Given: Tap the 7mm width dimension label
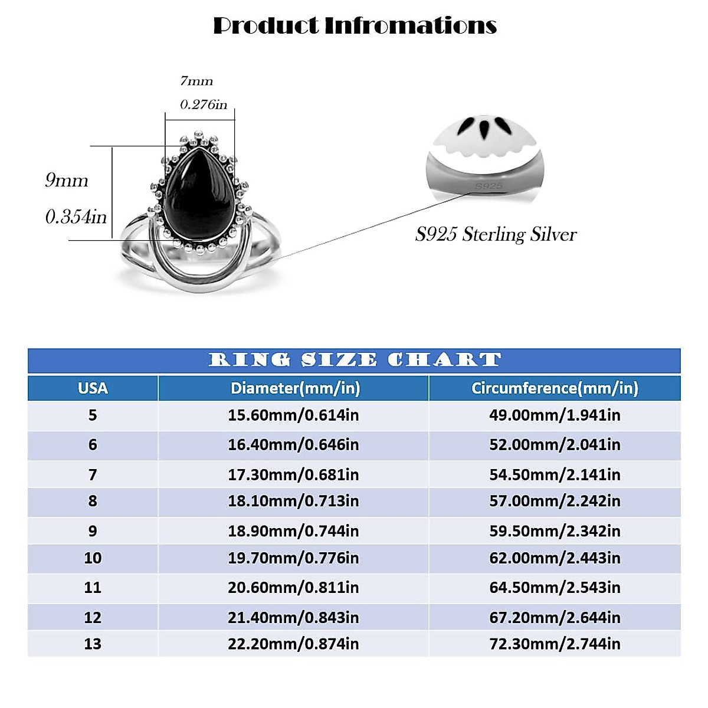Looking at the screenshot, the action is pos(196,81).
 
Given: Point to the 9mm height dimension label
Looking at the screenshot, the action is pos(67,180).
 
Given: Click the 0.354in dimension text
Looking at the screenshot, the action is pos(76,217).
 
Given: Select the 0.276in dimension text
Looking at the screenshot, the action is pos(204,104).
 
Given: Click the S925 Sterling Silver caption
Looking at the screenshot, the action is pos(496,234).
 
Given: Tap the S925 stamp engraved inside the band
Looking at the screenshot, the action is pos(489,186).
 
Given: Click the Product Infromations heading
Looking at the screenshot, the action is pos(355,25).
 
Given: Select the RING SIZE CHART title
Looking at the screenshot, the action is pos(355,360).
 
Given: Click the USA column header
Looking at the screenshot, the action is pos(93,388).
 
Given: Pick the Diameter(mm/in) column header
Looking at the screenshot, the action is pos(295,388).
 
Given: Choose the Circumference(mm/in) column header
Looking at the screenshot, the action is pos(555,388).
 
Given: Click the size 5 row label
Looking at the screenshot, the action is pos(93,415).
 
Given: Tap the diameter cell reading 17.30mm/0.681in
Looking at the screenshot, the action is pos(293,474).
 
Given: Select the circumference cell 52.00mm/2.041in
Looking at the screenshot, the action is pos(555,445).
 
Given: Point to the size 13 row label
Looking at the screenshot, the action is pos(93,644).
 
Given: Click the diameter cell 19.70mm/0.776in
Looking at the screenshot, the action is pos(293,558).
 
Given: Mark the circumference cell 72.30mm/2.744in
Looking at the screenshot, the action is pos(555,644).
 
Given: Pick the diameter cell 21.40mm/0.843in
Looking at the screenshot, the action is pos(293,618).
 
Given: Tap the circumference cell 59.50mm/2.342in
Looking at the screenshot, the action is pos(555,531).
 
